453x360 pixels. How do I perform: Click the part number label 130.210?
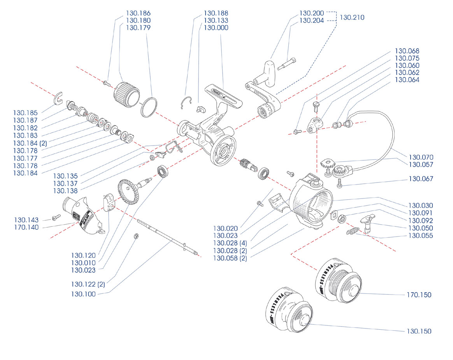(352, 17)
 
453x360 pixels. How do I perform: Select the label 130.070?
(420, 157)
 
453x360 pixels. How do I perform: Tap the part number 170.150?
(419, 295)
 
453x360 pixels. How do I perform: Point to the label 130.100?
(83, 294)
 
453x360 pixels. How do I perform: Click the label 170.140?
(26, 227)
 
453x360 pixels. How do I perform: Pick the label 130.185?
(25, 113)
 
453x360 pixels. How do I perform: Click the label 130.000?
(216, 28)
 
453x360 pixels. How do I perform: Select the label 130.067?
(420, 179)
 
